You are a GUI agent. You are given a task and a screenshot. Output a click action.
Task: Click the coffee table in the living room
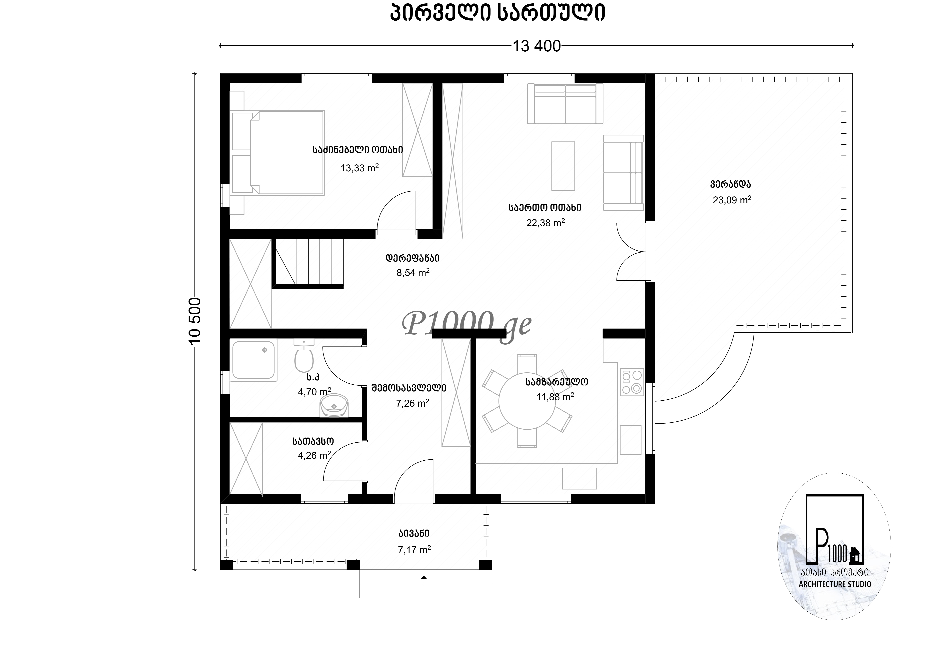pyautogui.click(x=563, y=166)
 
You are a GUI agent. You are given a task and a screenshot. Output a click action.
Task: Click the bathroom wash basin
pyautogui.click(x=334, y=406)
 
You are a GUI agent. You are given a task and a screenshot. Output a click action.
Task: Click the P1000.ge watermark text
pyautogui.click(x=466, y=324)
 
